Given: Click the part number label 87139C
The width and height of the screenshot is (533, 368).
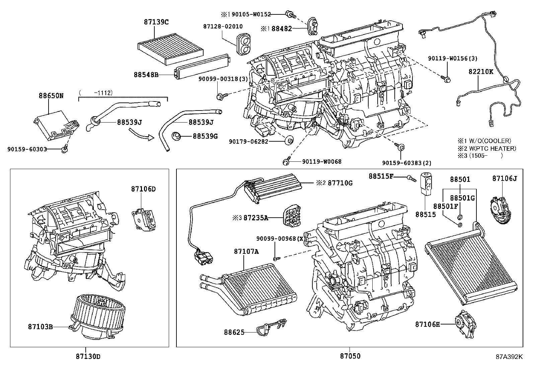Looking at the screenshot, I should tap(156, 22).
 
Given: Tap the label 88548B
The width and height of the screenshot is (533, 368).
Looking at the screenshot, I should tap(146, 75).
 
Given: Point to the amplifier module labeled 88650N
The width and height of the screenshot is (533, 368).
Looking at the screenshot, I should tap(56, 124).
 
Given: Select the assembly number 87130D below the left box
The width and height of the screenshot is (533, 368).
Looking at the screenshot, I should tap(85, 356).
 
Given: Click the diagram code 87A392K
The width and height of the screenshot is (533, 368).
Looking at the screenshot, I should tap(509, 357).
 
